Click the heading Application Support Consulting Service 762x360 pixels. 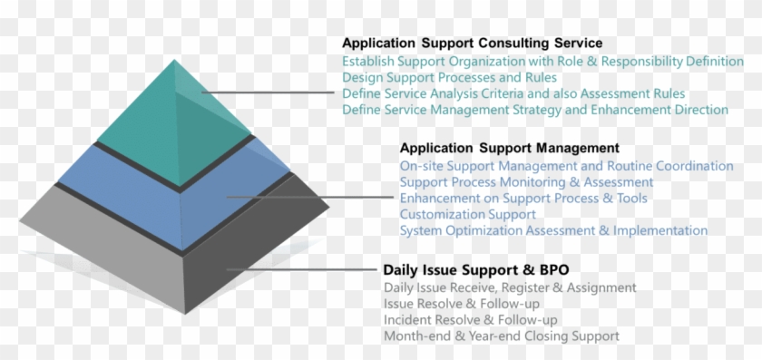[472, 43]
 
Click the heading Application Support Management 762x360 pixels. [509, 147]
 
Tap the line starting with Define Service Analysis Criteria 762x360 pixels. [513, 93]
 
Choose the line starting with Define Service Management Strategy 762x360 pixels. [535, 110]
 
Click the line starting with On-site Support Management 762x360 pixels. [566, 166]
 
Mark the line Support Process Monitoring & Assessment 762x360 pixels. [526, 182]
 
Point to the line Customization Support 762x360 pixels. [467, 215]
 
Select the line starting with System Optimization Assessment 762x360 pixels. [553, 230]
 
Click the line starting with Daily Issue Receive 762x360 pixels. [510, 287]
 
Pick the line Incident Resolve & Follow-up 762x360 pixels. [470, 320]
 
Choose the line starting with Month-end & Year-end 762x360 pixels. [501, 336]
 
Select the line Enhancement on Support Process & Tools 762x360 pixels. [536, 199]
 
